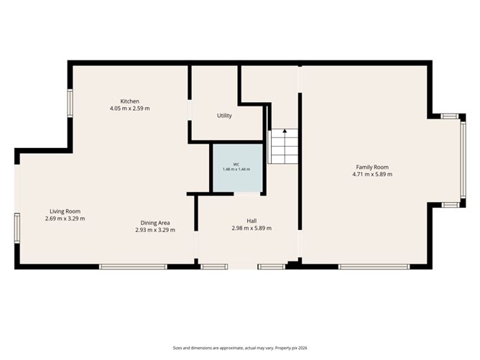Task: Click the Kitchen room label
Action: tap(130, 101)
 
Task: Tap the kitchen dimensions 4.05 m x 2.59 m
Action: tap(130, 109)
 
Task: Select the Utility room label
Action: tap(224, 116)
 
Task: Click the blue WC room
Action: tap(238, 167)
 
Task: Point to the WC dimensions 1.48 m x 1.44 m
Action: tap(236, 170)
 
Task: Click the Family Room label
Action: tap(372, 167)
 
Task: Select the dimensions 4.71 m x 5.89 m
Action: tap(372, 175)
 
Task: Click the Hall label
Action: tap(251, 221)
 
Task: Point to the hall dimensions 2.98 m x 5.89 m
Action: tap(251, 228)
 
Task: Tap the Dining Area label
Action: tap(155, 223)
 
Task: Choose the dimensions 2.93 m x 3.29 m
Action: tap(155, 230)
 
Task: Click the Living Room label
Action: tap(65, 211)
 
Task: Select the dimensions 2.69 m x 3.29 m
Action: tap(65, 218)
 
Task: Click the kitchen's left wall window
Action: tap(70, 103)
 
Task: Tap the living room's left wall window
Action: tap(17, 229)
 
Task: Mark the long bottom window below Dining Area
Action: tap(133, 267)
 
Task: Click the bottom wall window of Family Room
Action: tap(374, 267)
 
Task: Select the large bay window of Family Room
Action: tap(463, 160)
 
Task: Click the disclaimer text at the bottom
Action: tap(240, 348)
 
